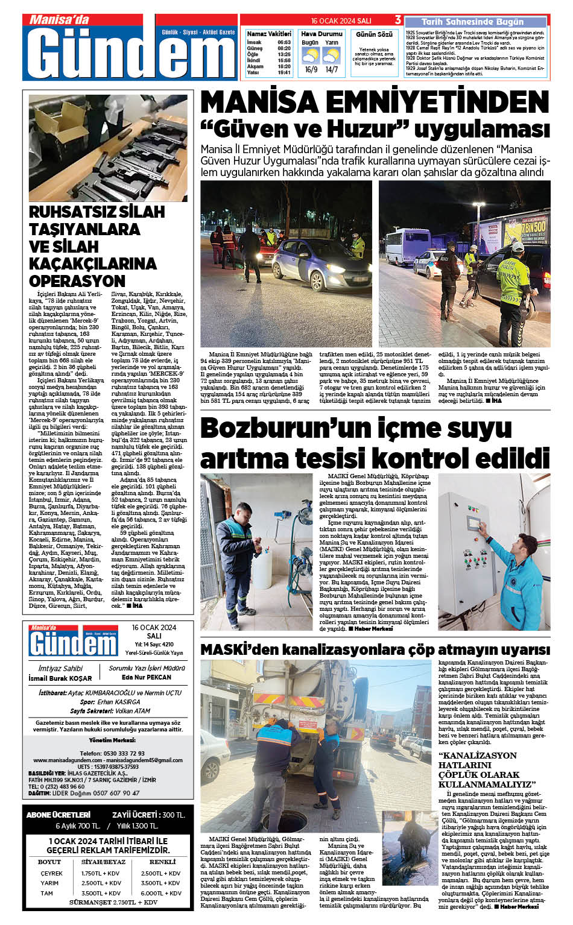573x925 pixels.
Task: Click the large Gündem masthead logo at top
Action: (131, 53)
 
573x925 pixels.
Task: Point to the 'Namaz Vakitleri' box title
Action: (269, 34)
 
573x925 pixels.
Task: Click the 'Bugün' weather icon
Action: (311, 56)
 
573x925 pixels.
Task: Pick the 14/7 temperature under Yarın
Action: (331, 70)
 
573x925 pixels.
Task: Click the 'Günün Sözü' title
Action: (374, 34)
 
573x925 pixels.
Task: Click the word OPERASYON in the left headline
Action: (77, 281)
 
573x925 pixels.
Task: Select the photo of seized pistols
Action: (108, 148)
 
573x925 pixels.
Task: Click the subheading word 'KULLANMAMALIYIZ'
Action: (487, 784)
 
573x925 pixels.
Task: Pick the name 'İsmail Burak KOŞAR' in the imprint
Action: (60, 678)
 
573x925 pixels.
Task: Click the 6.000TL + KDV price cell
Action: (161, 893)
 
